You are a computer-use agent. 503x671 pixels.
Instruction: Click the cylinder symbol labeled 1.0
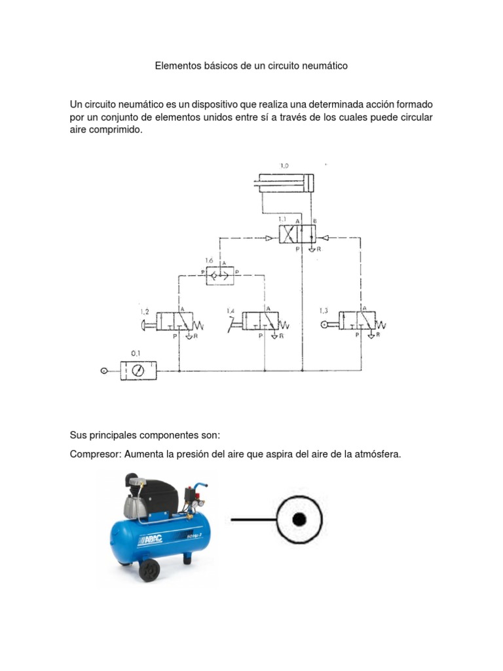286,183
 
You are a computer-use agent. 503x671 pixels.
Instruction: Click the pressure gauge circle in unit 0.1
138,371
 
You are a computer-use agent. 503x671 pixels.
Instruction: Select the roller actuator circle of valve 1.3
324,324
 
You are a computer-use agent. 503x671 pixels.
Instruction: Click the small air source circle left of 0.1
103,371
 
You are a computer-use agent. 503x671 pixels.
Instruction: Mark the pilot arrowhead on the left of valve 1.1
270,239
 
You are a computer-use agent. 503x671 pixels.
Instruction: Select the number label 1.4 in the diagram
231,310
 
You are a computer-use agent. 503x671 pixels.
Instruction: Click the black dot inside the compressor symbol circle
299,520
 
